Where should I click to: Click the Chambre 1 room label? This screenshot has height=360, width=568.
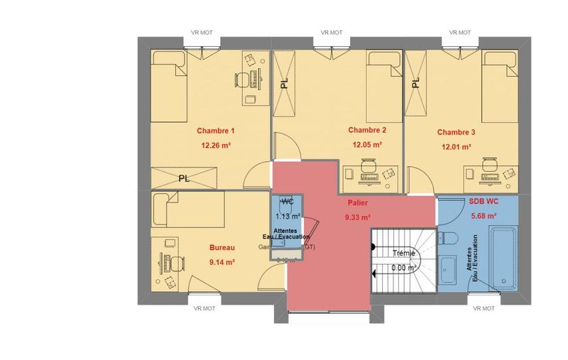click(x=215, y=131)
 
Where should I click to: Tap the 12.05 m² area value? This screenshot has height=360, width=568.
click(x=367, y=144)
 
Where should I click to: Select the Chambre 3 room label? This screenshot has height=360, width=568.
click(x=456, y=132)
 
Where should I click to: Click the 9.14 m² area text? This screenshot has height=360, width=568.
click(x=222, y=261)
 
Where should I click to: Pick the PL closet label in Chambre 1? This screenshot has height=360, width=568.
click(x=184, y=178)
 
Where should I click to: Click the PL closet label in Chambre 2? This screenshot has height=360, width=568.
click(x=285, y=83)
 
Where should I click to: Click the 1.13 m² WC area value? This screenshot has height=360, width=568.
click(x=288, y=217)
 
